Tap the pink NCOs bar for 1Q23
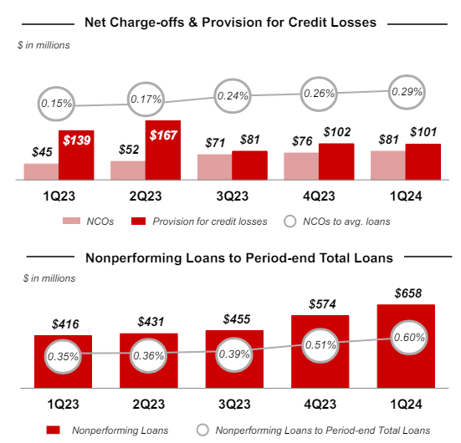tap(40, 171)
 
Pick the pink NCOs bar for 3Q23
tap(214, 166)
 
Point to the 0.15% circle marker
tap(57, 104)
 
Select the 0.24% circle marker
tap(233, 95)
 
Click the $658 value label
tap(406, 293)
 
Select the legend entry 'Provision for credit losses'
tap(198, 221)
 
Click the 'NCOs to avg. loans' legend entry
tap(344, 221)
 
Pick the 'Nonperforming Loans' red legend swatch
tap(52, 430)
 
